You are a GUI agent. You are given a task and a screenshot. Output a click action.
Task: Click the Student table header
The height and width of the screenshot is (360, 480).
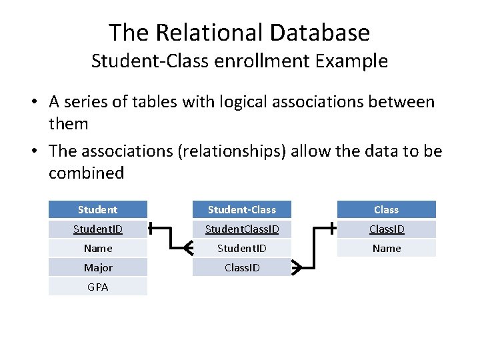tap(97, 209)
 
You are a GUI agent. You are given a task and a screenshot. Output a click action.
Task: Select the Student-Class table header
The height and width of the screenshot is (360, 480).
tap(241, 209)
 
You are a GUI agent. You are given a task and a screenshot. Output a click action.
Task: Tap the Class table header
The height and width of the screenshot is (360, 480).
tap(386, 209)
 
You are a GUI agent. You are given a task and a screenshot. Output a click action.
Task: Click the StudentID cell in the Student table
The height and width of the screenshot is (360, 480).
tap(97, 229)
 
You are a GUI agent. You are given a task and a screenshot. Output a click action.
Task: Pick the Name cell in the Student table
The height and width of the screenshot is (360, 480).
tap(97, 248)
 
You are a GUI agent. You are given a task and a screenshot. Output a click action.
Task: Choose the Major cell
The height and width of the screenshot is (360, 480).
tap(97, 267)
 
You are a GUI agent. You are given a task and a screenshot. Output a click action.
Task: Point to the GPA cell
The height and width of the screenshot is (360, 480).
tap(97, 287)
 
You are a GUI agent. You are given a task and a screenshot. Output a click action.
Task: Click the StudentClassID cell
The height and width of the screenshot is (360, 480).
tap(241, 229)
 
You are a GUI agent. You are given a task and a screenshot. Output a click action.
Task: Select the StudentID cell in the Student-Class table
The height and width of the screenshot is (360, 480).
tap(241, 248)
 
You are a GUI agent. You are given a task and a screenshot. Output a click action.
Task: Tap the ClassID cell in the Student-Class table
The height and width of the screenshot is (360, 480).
tap(241, 267)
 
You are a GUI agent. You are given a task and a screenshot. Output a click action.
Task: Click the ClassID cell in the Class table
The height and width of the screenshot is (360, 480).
tap(386, 229)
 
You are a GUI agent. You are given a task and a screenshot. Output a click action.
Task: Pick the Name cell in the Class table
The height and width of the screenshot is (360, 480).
tap(386, 248)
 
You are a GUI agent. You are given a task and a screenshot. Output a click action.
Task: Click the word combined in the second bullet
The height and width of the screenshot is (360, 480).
tap(86, 173)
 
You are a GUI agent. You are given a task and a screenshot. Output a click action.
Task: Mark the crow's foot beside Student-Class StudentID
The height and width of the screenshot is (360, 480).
tap(187, 248)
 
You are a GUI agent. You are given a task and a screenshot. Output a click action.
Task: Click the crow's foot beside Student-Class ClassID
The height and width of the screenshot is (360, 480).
tap(297, 267)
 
